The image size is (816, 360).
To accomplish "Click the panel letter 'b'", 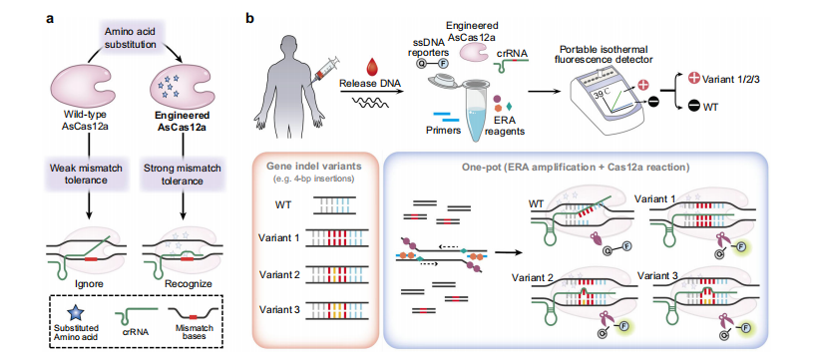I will [250, 17].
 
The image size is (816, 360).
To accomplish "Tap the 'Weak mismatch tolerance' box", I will [89, 171].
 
